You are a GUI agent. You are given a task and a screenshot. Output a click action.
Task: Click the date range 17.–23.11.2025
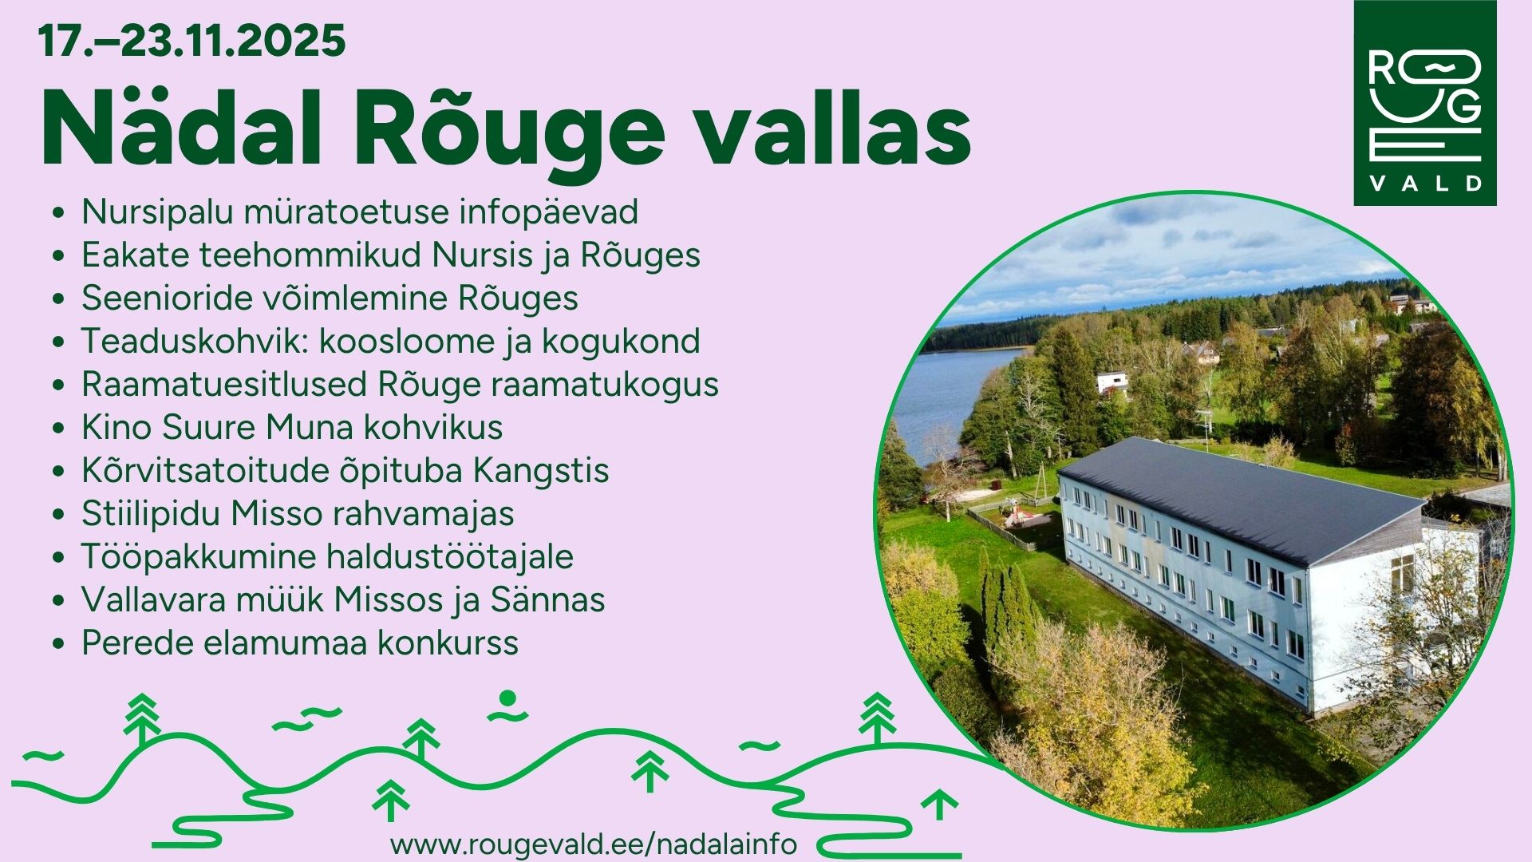192,41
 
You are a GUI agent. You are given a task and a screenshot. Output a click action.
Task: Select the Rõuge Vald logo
1425,103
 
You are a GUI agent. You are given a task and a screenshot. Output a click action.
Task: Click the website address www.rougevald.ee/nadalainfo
594,844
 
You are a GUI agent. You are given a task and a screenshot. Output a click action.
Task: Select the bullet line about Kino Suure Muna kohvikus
292,427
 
